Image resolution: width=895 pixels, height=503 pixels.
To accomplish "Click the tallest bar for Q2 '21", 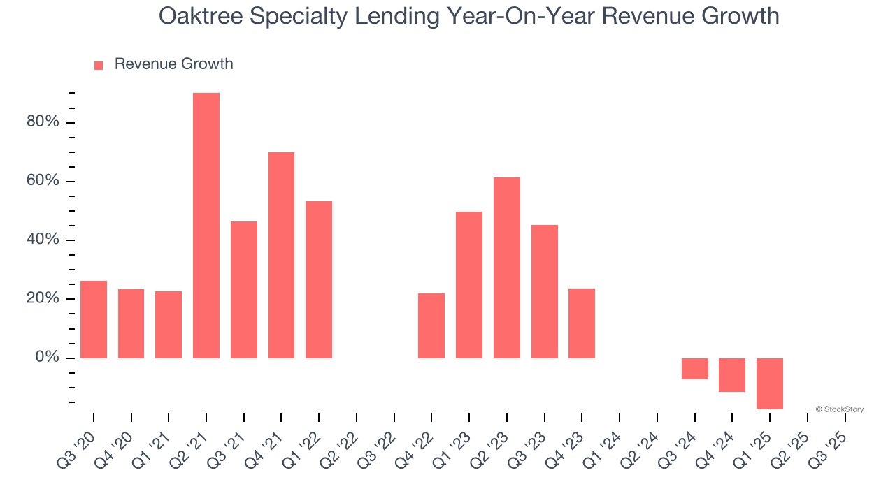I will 206,225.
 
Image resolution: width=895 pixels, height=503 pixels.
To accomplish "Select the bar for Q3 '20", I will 94,319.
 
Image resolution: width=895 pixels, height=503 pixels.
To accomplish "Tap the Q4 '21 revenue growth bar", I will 281,255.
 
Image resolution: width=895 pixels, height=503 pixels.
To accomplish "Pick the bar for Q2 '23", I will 507,268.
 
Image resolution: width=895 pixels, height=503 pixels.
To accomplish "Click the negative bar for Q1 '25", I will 770,384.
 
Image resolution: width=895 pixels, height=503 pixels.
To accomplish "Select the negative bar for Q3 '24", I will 694,369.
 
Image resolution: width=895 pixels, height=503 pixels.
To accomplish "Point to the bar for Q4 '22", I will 431,326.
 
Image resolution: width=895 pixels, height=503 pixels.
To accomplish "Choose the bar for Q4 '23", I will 582,323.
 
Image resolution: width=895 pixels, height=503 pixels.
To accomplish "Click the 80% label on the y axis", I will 42,122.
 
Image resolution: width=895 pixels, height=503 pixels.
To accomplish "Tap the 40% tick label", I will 42,240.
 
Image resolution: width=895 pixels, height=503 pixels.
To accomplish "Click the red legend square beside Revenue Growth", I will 99,65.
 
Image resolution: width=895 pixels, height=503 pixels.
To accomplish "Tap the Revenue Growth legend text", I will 173,64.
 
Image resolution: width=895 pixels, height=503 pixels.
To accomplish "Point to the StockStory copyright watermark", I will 839,409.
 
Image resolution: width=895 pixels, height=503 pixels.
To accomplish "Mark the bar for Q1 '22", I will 319,279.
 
